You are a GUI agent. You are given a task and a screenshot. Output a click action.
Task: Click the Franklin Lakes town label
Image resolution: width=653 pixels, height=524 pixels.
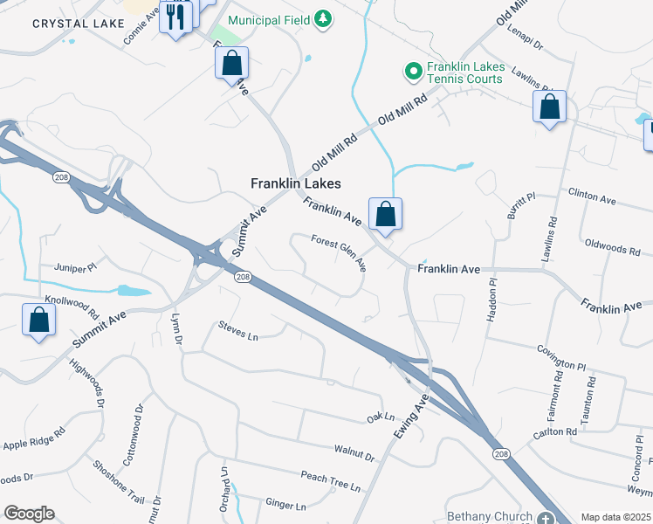[x=295, y=183]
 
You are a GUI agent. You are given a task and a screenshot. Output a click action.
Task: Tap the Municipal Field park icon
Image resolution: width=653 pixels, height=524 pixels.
[x=323, y=19]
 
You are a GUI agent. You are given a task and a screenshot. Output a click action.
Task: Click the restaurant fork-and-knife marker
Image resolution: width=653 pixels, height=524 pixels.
[x=175, y=18]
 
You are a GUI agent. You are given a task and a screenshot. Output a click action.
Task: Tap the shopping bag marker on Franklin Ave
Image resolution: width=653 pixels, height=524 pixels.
[x=385, y=214]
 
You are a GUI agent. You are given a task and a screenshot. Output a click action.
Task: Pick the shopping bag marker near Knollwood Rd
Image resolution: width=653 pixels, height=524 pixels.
[x=39, y=320]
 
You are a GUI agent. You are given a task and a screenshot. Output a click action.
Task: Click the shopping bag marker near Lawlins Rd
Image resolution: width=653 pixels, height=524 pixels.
[x=549, y=107]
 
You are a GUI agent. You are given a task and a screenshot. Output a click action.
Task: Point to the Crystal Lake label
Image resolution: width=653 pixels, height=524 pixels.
[x=68, y=24]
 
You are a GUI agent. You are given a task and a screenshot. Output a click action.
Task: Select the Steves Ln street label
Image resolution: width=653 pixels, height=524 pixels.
[x=238, y=333]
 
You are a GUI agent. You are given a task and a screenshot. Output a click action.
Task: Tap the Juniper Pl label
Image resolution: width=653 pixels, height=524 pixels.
[x=72, y=267]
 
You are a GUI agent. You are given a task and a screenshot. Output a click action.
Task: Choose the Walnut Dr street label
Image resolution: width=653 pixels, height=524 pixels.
[x=354, y=453]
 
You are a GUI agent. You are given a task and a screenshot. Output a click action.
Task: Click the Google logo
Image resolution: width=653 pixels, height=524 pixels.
[x=29, y=514]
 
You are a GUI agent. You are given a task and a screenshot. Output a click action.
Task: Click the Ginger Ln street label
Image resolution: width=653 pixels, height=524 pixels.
[x=285, y=505]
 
